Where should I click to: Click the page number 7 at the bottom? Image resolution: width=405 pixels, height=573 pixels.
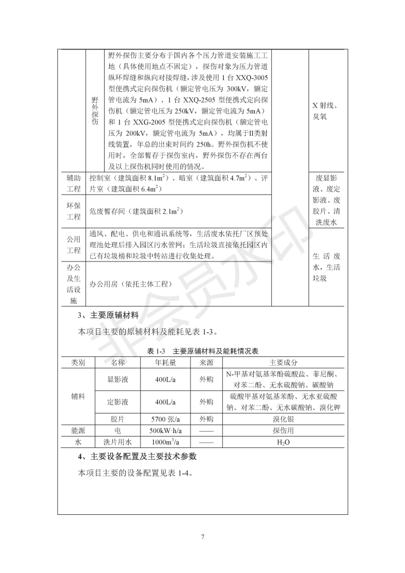[x=203, y=537]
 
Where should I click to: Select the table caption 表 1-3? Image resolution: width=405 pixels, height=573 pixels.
[x=157, y=351]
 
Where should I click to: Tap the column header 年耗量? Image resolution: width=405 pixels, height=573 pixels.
[x=165, y=362]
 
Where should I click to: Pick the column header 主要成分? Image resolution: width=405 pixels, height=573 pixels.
[x=283, y=362]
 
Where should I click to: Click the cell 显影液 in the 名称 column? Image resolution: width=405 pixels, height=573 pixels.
[x=117, y=379]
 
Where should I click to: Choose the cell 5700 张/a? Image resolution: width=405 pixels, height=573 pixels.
[x=165, y=419]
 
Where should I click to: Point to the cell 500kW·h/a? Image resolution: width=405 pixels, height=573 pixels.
[x=165, y=431]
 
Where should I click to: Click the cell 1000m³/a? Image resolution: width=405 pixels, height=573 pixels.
[x=165, y=442]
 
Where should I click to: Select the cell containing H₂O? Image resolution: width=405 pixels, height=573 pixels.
[x=283, y=442]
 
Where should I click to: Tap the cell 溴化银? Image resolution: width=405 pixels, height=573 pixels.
[x=283, y=419]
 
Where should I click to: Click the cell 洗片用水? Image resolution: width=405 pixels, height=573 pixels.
[x=117, y=442]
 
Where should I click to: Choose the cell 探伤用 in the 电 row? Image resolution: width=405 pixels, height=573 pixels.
[x=283, y=431]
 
